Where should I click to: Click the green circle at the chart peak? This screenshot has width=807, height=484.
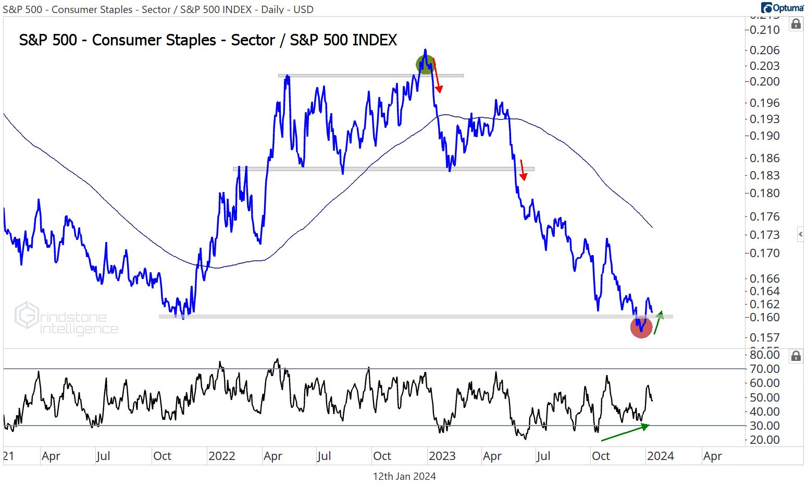[x=425, y=64]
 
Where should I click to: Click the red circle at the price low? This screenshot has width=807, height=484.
[x=641, y=328]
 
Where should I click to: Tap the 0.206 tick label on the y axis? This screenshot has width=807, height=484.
[x=764, y=50]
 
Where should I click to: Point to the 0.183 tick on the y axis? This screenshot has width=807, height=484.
[x=764, y=175]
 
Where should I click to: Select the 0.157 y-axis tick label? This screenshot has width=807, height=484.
[x=764, y=337]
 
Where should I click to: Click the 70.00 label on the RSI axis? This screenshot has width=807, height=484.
[x=764, y=369]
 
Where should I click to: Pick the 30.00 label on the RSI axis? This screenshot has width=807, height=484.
[x=764, y=426]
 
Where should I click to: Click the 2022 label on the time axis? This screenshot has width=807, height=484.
[x=222, y=456]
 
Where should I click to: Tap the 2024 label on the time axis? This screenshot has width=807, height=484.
[x=660, y=456]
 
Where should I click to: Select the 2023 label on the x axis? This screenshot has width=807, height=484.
[x=442, y=456]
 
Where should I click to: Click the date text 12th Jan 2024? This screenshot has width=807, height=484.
[x=404, y=476]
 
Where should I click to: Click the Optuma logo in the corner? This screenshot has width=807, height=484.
[x=782, y=8]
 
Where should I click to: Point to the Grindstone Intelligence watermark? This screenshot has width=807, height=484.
[x=67, y=319]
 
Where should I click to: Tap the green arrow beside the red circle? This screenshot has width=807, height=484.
[x=658, y=322]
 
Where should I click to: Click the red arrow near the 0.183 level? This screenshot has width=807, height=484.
[x=523, y=170]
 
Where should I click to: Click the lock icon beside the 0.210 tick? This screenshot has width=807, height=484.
[x=796, y=24]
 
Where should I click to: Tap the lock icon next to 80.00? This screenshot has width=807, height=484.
[x=796, y=356]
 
